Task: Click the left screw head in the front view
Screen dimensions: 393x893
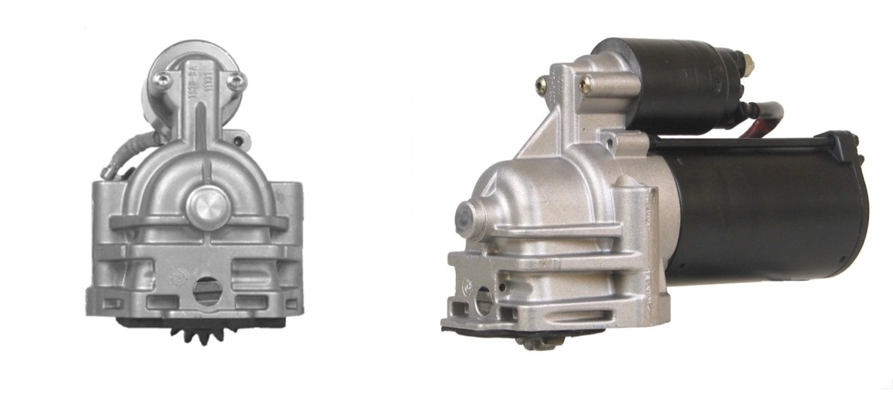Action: click(x=160, y=82)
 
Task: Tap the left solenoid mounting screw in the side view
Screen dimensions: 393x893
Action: click(x=542, y=84)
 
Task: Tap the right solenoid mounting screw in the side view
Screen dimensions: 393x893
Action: click(x=586, y=83)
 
